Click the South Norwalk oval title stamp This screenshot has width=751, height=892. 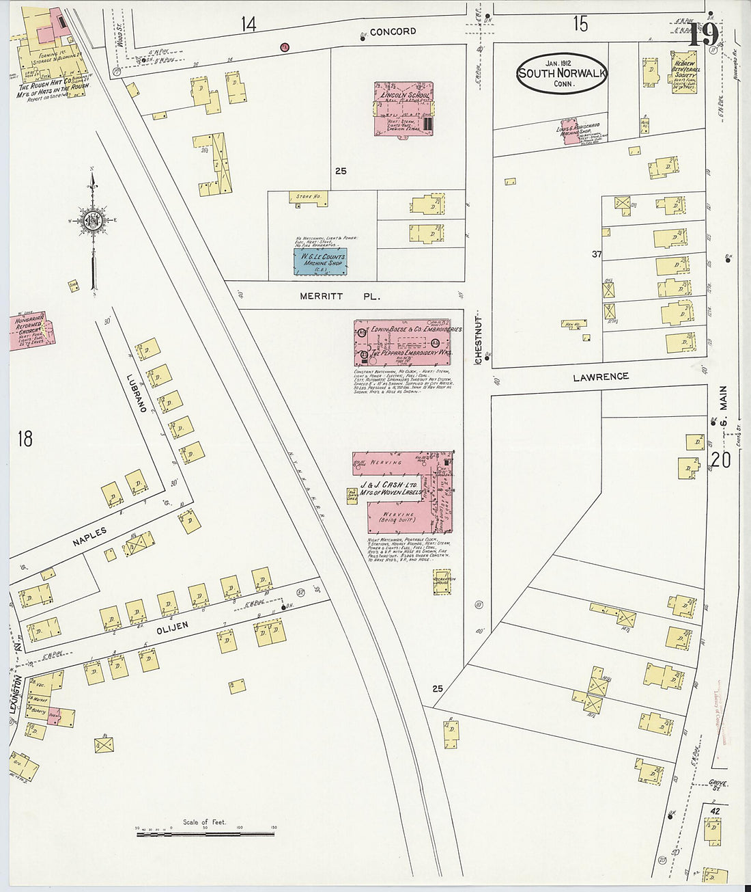pyautogui.click(x=562, y=73)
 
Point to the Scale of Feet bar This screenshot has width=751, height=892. pyautogui.click(x=205, y=834)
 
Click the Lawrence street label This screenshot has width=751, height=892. pyautogui.click(x=601, y=377)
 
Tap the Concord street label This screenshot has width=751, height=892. pyautogui.click(x=393, y=31)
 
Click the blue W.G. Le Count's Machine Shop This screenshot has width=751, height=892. pyautogui.click(x=320, y=261)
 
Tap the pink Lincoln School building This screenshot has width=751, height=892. pyautogui.click(x=404, y=109)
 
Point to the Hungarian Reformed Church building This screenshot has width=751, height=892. pyautogui.click(x=31, y=332)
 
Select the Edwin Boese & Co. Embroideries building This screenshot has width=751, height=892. pyautogui.click(x=403, y=342)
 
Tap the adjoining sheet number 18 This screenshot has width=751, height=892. pyautogui.click(x=25, y=438)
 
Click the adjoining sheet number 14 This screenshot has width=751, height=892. pyautogui.click(x=248, y=25)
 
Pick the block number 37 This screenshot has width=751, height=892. pyautogui.click(x=597, y=254)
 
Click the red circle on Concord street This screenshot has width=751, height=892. pyautogui.click(x=284, y=46)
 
